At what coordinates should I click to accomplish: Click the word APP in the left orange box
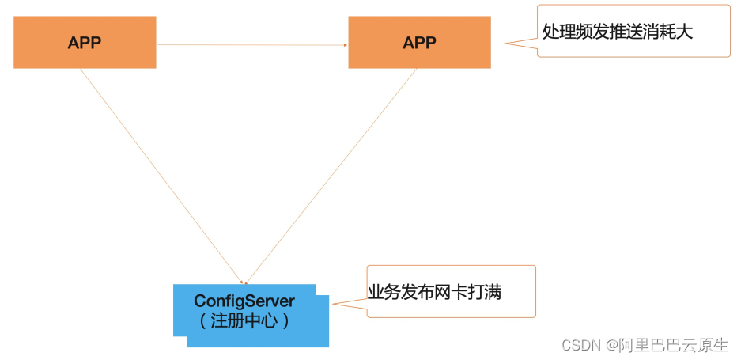(85, 43)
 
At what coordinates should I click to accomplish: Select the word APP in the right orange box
(419, 43)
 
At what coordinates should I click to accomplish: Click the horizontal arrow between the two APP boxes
(252, 45)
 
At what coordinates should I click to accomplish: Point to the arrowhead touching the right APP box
(346, 45)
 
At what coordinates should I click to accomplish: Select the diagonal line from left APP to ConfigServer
(161, 176)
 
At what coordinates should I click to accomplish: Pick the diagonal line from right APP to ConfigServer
(331, 176)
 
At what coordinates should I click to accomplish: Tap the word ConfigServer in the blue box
(244, 301)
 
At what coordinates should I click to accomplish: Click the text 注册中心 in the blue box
(244, 321)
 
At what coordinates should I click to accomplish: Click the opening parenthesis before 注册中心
(202, 322)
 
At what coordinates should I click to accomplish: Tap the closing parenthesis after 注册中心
(285, 322)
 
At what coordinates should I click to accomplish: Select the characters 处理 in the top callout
(558, 32)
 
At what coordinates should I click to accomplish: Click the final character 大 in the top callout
(685, 32)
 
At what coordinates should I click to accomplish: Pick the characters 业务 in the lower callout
(384, 293)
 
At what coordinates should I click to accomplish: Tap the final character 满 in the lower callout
(493, 293)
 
